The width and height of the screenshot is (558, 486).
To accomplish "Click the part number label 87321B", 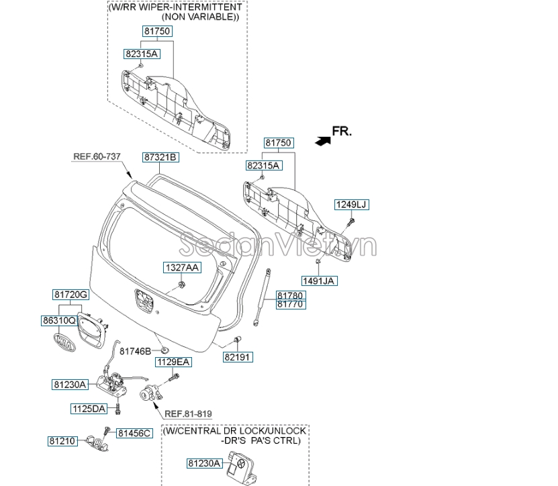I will (160, 157).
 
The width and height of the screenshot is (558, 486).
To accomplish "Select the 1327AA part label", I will (183, 267).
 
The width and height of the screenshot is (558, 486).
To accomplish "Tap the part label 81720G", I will (71, 295).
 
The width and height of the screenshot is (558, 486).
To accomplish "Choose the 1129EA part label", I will (174, 362).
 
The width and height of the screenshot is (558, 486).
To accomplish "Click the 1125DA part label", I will (89, 408).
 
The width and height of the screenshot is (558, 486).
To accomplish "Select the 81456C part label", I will (135, 433).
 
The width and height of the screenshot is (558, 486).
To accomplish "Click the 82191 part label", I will (238, 357).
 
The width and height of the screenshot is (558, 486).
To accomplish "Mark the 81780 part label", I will (291, 295).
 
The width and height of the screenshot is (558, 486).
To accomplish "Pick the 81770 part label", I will (291, 304).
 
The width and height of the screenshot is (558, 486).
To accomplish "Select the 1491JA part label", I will (318, 282).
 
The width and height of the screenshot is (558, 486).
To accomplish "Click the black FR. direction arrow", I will (323, 140).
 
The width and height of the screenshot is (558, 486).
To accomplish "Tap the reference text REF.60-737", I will (97, 156).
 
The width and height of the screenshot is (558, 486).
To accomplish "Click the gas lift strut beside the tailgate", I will (264, 296).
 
